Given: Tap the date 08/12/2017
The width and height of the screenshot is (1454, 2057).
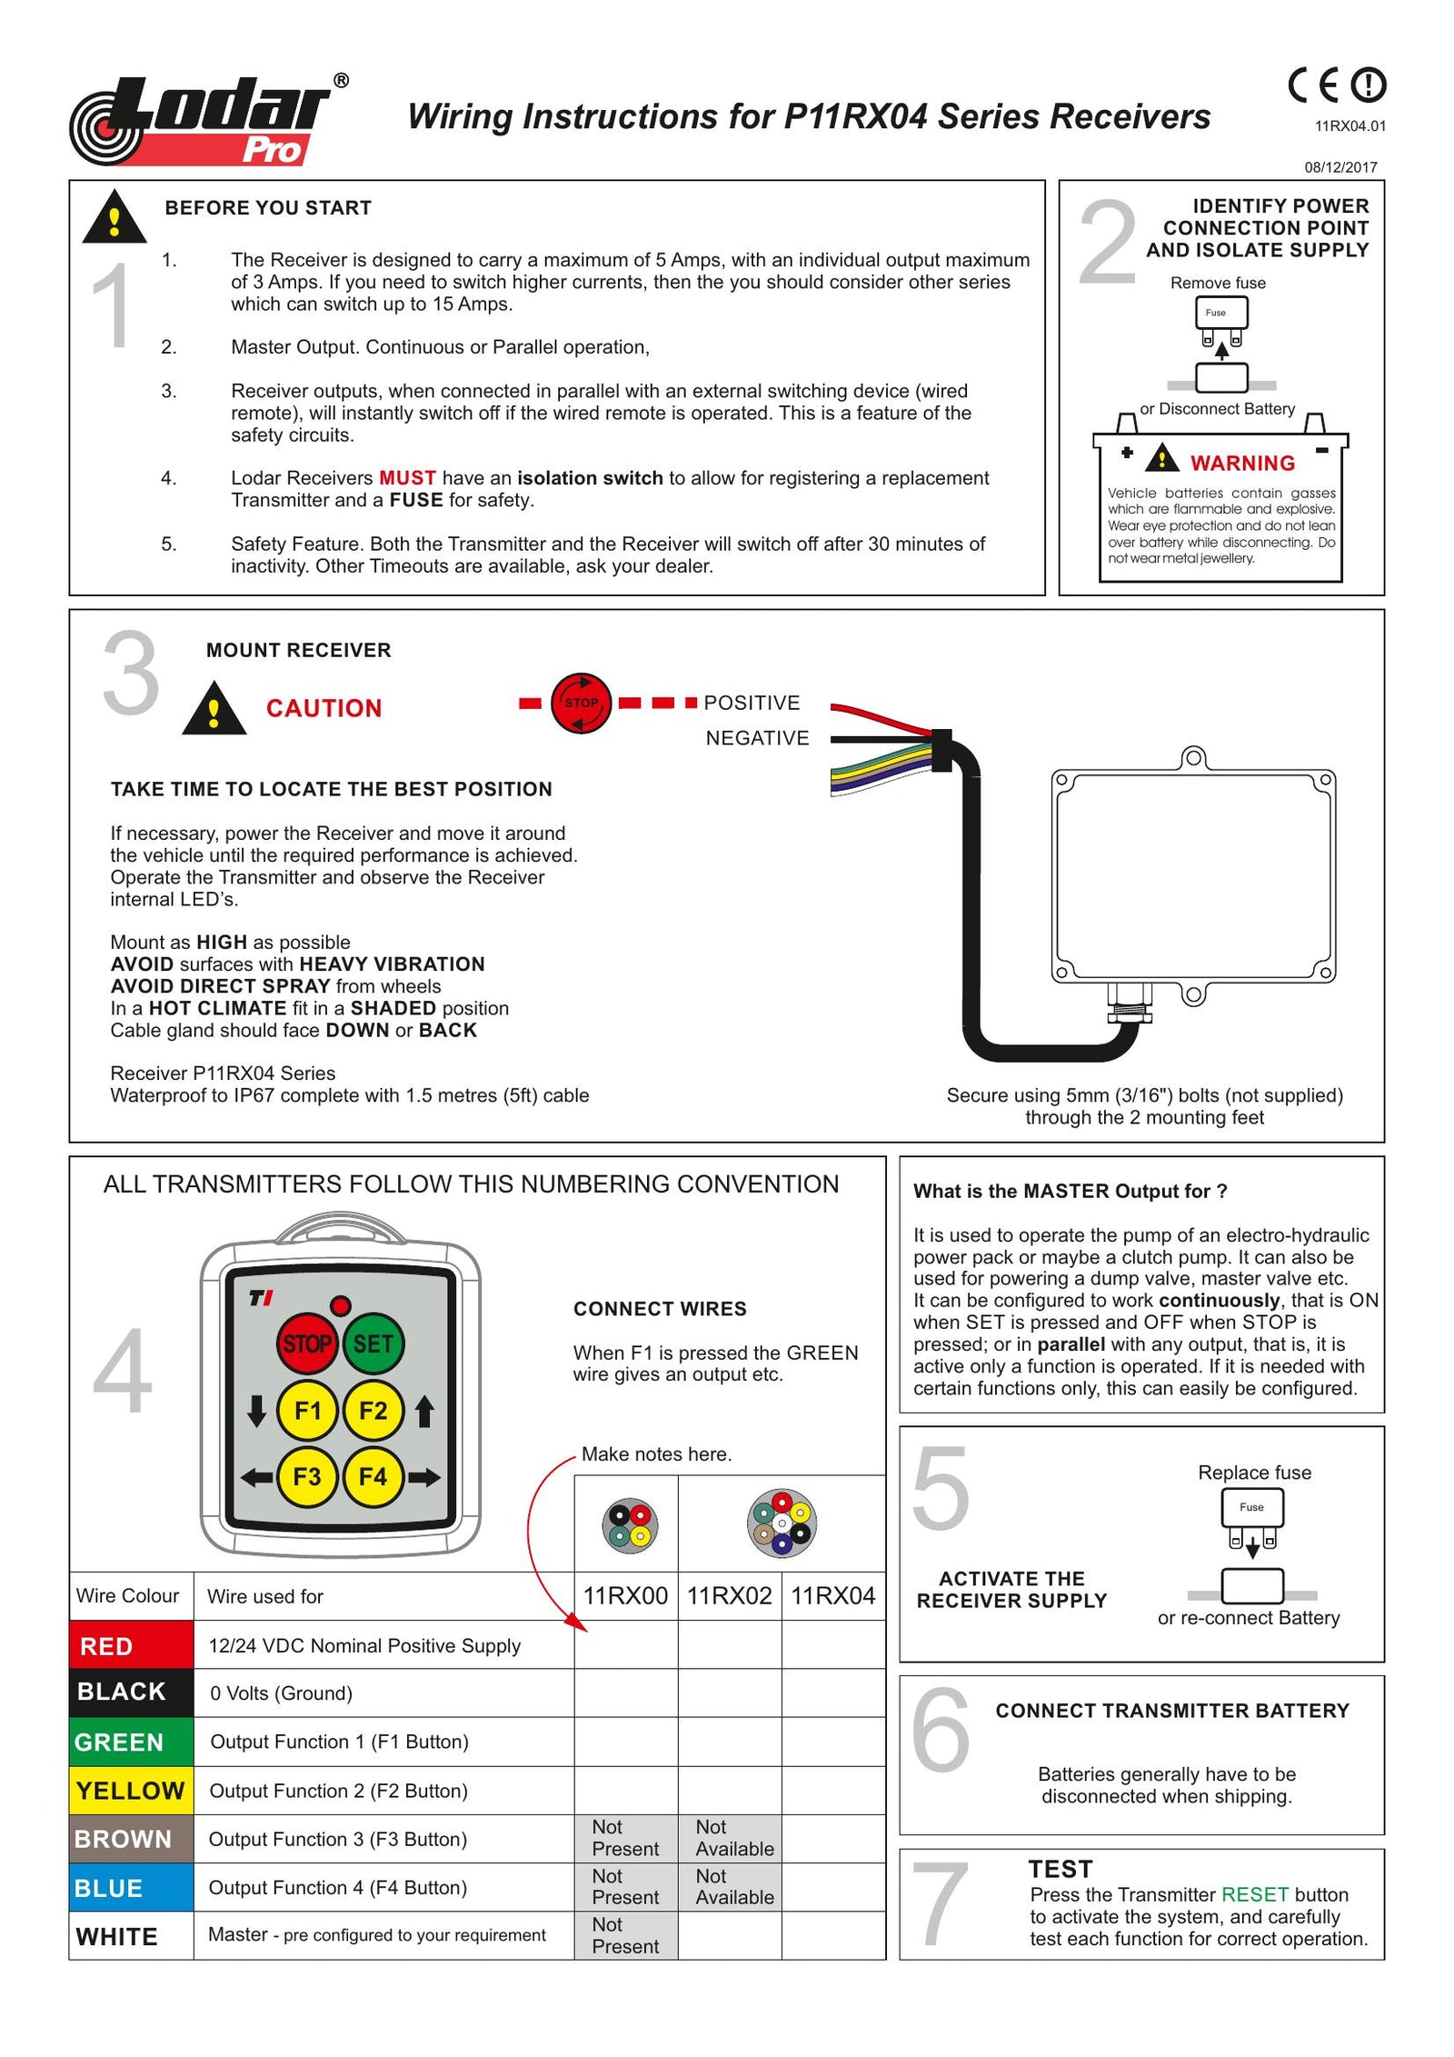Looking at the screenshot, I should tap(1340, 167).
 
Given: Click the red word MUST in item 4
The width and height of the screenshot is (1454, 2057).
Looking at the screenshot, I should tap(406, 478).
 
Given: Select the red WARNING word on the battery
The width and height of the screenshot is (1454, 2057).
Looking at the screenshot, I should tap(1242, 464).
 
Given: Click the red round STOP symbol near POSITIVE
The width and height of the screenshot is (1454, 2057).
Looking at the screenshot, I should tap(581, 703).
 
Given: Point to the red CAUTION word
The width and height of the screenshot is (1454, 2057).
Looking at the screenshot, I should tap(324, 708).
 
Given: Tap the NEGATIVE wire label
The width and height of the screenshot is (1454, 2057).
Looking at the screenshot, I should tap(757, 738).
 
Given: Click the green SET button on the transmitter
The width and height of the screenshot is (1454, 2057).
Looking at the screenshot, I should tap(373, 1343).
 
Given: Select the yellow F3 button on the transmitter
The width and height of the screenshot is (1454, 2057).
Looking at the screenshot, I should tap(307, 1477).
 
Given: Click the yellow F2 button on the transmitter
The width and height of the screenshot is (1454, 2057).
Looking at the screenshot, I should tap(373, 1411).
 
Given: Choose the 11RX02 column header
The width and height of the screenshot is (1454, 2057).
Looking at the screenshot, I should tap(729, 1596).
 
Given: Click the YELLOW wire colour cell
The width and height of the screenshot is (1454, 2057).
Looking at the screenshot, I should tap(131, 1791).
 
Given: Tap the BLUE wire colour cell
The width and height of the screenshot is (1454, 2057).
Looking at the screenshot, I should tap(131, 1888).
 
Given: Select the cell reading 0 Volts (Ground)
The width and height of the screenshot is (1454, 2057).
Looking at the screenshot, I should tap(281, 1693).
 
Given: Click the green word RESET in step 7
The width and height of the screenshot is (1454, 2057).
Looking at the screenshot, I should tap(1254, 1894).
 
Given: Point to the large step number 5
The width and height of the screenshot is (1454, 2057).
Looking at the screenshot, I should tap(941, 1488).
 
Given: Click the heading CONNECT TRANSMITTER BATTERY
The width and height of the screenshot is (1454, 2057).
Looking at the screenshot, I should tap(1172, 1711).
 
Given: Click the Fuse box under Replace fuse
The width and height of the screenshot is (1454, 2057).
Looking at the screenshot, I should tap(1251, 1508).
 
